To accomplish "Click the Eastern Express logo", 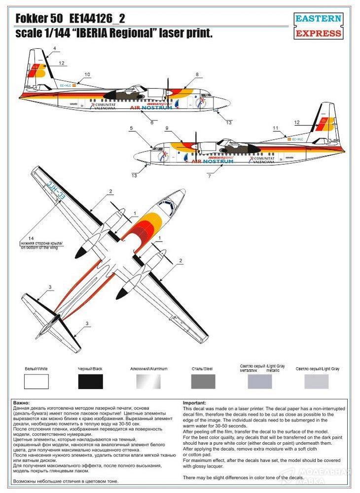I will coord(318,26).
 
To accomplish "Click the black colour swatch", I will coord(90,381).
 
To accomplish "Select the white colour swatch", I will coord(36,381).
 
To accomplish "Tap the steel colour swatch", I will coord(202,381).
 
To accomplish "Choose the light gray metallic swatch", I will coord(259,381).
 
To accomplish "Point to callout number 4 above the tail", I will coord(55,48).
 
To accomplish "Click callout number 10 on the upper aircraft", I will coord(87,74).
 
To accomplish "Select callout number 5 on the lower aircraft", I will coord(132,128).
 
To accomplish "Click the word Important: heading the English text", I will coord(194,403).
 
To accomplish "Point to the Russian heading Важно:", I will coord(22,403).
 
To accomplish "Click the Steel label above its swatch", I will coord(202,369).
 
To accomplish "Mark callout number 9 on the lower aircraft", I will coord(167,128).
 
